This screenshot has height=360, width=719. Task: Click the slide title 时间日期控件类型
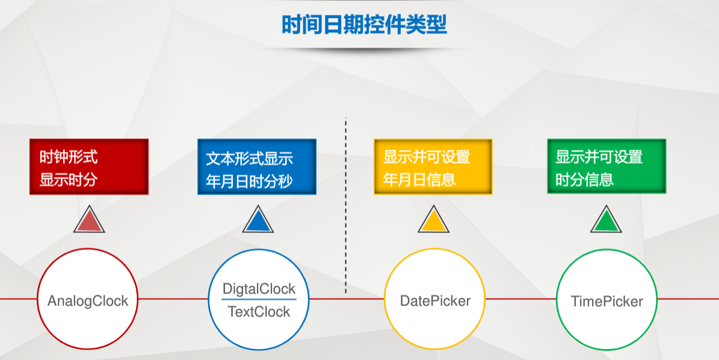tap(364, 25)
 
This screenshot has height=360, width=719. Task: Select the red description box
tap(89, 167)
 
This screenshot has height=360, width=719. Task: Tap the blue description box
tap(257, 167)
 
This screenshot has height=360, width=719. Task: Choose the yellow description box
tap(433, 167)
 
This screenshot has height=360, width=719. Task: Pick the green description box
tap(606, 167)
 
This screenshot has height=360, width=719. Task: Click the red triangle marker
tap(89, 221)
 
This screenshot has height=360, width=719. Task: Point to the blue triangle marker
tap(258, 221)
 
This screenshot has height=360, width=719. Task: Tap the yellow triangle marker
tap(433, 221)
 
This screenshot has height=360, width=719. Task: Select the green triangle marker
tap(606, 221)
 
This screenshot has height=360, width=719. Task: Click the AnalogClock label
tap(88, 301)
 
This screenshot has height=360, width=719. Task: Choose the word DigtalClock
tap(259, 289)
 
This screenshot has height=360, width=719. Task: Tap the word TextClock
tap(259, 312)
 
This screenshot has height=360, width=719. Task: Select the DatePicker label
tap(435, 301)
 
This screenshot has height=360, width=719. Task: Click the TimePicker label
tap(607, 301)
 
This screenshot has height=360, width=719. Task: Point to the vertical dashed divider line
tap(346, 205)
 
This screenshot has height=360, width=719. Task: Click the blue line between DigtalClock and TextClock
tap(259, 299)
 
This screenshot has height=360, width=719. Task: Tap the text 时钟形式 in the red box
tap(68, 158)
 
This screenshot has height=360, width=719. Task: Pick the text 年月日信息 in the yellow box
tap(419, 179)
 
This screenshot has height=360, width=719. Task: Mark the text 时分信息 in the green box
tap(584, 179)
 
